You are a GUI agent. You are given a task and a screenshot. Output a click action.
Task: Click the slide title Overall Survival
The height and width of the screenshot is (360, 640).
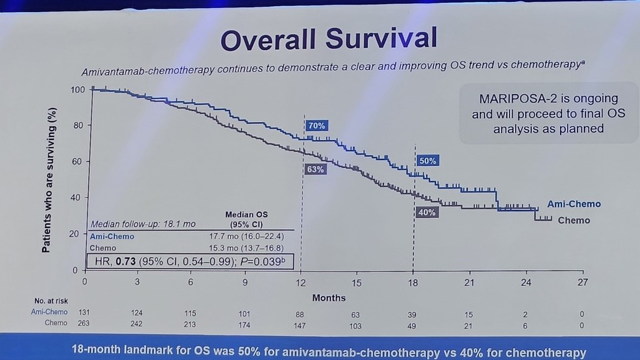pos(329,39)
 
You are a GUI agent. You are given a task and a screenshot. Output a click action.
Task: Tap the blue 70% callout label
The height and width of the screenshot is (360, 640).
pos(317,125)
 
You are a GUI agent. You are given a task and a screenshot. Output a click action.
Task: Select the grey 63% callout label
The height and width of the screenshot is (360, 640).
pos(315,169)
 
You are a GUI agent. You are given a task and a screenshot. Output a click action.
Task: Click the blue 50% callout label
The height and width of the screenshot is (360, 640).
pos(428,161)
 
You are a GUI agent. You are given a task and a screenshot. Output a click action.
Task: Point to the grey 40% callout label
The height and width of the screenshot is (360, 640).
pos(427,212)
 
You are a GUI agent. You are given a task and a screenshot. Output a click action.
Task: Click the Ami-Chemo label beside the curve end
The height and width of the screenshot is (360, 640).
pos(574,204)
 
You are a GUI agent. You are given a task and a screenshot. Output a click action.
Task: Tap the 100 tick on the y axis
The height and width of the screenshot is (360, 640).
pos(78,89)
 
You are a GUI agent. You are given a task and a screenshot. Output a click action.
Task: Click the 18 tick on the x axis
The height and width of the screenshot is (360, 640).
pos(413,283)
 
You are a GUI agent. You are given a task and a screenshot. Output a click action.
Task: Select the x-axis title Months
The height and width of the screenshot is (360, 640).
pos(329,297)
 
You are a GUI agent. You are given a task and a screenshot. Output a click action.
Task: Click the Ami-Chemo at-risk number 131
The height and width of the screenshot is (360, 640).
pos(85,312)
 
